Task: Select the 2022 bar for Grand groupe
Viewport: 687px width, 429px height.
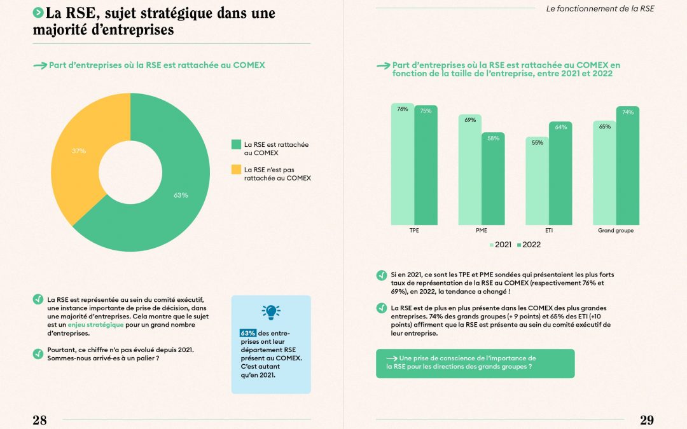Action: (x=628, y=165)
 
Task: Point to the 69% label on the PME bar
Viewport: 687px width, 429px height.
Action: (x=470, y=120)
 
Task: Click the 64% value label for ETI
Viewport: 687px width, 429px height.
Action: (x=560, y=127)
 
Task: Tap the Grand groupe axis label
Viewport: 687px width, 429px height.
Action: (x=616, y=231)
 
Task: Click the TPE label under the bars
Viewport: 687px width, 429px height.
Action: (x=414, y=231)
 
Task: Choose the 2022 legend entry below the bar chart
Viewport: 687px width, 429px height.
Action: (x=529, y=245)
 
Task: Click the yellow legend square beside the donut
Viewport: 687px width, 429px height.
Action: (x=236, y=170)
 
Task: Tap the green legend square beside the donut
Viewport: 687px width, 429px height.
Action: (x=236, y=144)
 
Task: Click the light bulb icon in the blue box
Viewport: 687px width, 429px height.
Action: (x=271, y=312)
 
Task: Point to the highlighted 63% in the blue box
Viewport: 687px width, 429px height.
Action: (x=247, y=333)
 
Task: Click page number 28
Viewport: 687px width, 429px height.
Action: (x=39, y=419)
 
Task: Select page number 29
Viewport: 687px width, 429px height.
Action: (x=646, y=419)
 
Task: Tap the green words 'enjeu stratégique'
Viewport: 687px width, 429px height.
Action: (x=96, y=325)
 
